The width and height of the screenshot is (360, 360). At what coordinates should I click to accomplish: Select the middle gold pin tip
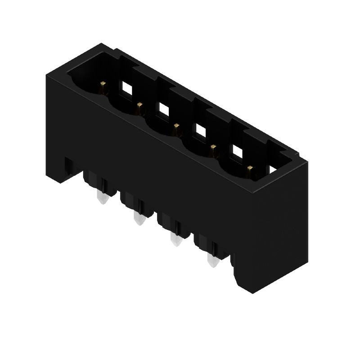[177, 127]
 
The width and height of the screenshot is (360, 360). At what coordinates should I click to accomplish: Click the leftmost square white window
[126, 89]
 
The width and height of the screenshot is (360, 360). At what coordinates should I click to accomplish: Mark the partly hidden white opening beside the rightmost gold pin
[273, 170]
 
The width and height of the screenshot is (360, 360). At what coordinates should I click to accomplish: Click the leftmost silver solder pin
[103, 198]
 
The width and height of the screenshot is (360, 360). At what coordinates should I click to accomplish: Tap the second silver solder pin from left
[139, 219]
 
